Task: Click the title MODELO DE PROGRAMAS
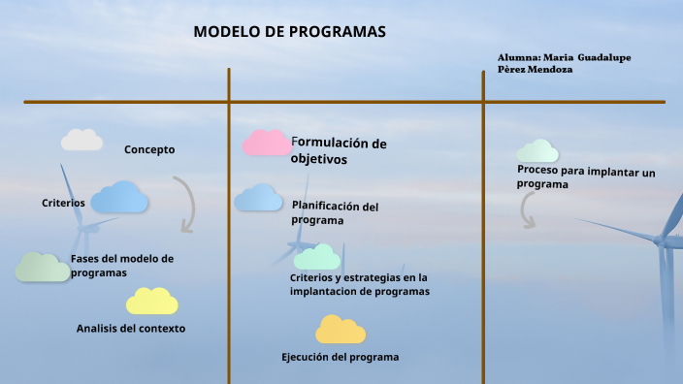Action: (289, 31)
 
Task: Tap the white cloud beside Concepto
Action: (81, 141)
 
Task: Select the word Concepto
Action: (149, 149)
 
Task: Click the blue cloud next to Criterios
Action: (119, 197)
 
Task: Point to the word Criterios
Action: (64, 203)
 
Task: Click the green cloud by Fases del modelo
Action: (42, 267)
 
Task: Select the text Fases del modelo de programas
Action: (121, 266)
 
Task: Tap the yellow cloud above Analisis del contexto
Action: (151, 302)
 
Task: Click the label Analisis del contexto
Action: (131, 328)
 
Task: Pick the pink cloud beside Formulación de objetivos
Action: (266, 144)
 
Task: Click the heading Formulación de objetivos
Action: (338, 151)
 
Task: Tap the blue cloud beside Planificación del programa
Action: (258, 198)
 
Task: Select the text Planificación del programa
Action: (335, 212)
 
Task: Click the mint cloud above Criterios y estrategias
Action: (316, 257)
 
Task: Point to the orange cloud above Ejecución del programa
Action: (340, 331)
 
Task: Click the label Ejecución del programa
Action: (340, 357)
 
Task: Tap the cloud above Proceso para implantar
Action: (537, 150)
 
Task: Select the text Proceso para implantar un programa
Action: (586, 177)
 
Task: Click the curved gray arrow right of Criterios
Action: (184, 204)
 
